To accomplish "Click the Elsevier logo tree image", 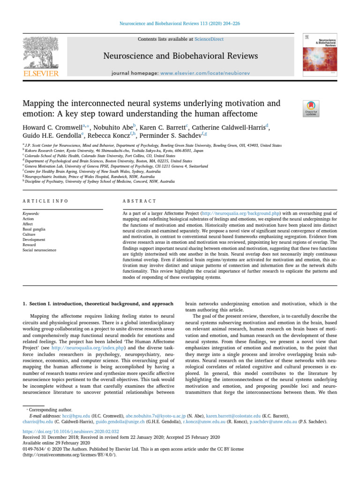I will (x=41, y=52).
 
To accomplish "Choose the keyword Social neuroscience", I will (x=39, y=250).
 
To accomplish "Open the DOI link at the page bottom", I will (x=73, y=431).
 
